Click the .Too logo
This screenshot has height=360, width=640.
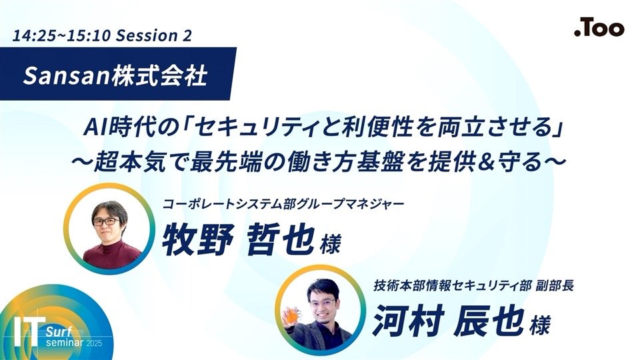tap(599, 28)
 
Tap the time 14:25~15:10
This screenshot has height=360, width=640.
tap(61, 35)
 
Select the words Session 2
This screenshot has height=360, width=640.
tap(154, 35)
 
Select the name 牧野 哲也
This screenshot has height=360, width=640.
tap(239, 239)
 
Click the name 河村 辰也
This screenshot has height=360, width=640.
tap(448, 321)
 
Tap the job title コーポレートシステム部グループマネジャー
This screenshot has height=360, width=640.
tap(283, 203)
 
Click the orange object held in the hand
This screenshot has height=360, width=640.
tap(292, 315)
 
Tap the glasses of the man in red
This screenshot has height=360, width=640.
tap(106, 221)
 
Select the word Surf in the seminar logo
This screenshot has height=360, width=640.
tap(59, 331)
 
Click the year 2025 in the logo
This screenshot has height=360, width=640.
tap(94, 343)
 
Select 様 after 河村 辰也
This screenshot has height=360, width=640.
tap(539, 325)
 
